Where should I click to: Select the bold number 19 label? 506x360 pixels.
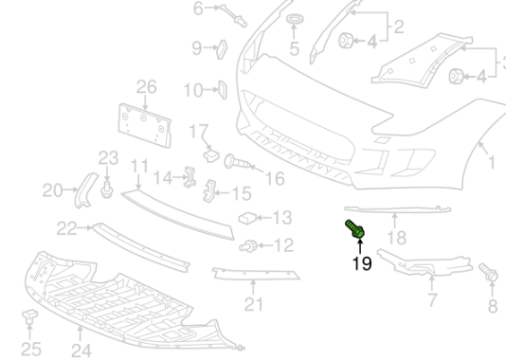point(361,262)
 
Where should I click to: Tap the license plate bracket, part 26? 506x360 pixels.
point(143,122)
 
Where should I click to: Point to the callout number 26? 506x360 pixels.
point(145,87)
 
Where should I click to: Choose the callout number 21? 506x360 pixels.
point(253,304)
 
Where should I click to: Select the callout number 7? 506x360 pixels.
point(431,302)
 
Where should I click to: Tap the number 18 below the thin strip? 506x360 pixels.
point(395,237)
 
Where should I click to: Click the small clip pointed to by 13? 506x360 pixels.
point(248,218)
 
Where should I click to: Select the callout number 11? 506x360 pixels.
point(140,167)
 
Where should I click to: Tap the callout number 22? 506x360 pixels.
point(66,227)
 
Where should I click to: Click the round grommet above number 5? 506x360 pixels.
point(294,21)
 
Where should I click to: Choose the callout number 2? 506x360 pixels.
point(398,26)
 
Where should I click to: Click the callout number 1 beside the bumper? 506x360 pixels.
point(491,164)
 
